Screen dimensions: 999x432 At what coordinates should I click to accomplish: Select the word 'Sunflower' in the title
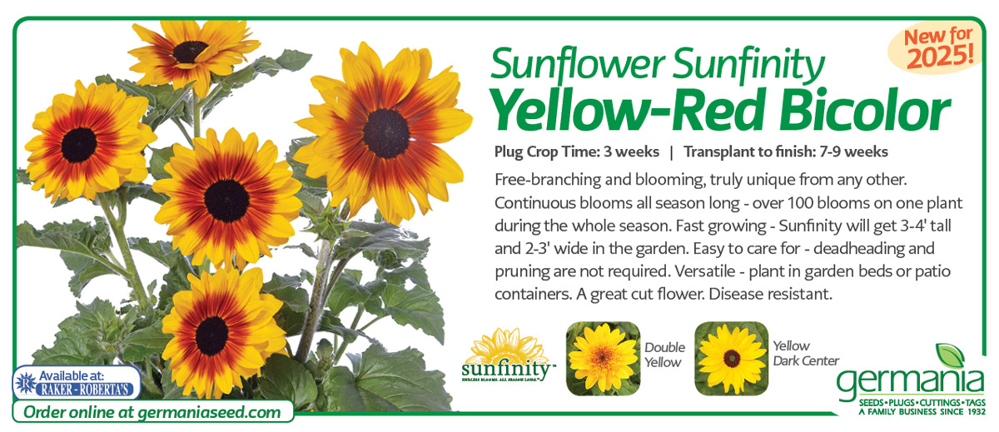tap(578, 65)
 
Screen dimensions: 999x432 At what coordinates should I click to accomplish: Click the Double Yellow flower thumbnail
tap(603, 359)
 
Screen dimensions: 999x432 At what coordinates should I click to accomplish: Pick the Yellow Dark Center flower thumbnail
tap(732, 359)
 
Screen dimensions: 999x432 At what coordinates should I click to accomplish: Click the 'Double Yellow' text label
tap(664, 355)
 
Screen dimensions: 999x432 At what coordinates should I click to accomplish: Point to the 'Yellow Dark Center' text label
tap(806, 353)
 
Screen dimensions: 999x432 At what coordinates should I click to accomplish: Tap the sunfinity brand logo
tap(506, 355)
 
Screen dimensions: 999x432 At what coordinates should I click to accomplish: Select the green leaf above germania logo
tap(951, 355)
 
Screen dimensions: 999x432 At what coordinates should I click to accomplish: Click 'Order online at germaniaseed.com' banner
tap(152, 412)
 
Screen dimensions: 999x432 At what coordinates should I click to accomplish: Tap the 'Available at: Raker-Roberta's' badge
tap(77, 383)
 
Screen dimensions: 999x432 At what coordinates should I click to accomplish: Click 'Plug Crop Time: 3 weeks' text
tap(576, 152)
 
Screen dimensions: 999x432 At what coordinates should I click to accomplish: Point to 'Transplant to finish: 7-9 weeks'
tap(786, 152)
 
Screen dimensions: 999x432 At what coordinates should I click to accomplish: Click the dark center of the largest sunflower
tap(385, 134)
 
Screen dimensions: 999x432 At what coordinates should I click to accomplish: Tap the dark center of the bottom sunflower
tap(211, 335)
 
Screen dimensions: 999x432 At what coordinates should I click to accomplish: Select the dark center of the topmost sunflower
tap(190, 52)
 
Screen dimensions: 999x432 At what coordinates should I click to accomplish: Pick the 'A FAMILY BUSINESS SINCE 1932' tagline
tap(922, 412)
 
